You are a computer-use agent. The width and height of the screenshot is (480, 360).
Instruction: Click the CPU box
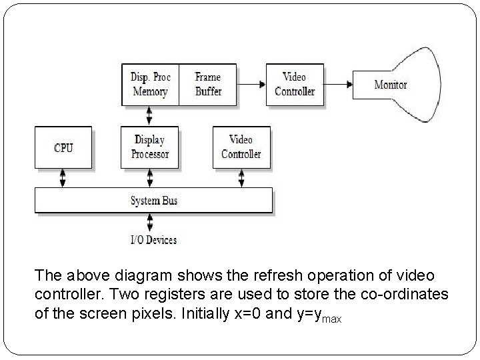[63, 147]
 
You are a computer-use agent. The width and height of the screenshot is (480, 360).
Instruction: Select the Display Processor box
[150, 147]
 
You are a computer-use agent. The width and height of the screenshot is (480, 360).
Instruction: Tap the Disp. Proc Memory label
[151, 85]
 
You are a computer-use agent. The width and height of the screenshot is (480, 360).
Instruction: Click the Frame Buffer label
[208, 85]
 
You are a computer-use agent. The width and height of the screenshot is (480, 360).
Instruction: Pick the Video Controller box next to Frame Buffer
[294, 85]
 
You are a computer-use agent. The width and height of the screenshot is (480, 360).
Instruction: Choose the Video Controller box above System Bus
[241, 147]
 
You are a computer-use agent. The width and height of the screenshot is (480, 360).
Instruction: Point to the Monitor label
[390, 85]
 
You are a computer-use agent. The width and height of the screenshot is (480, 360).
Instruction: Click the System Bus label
[154, 200]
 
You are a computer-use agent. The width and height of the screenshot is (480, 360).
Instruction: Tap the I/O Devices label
[153, 239]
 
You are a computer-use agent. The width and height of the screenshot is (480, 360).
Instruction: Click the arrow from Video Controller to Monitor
[339, 85]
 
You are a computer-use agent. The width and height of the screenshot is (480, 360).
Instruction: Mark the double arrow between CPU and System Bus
[63, 178]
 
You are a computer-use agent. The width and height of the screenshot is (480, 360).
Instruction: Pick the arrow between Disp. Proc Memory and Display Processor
[150, 115]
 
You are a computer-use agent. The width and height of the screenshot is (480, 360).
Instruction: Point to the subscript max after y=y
[332, 319]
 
